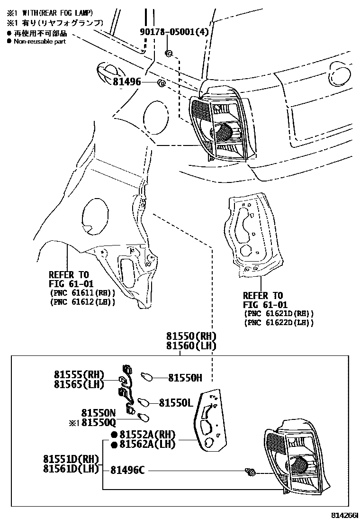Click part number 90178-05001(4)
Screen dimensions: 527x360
tap(174, 32)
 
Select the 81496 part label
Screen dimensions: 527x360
tap(127, 82)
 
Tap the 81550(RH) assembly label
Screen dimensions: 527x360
tap(191, 336)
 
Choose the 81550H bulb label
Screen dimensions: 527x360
tap(185, 378)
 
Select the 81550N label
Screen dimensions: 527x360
tap(99, 413)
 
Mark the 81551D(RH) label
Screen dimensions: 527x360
tap(71, 459)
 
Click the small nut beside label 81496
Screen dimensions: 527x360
tap(161, 83)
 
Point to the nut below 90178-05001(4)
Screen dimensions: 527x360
tap(168, 52)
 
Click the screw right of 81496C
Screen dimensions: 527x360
tap(250, 471)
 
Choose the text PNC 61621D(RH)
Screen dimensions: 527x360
tap(279, 314)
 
